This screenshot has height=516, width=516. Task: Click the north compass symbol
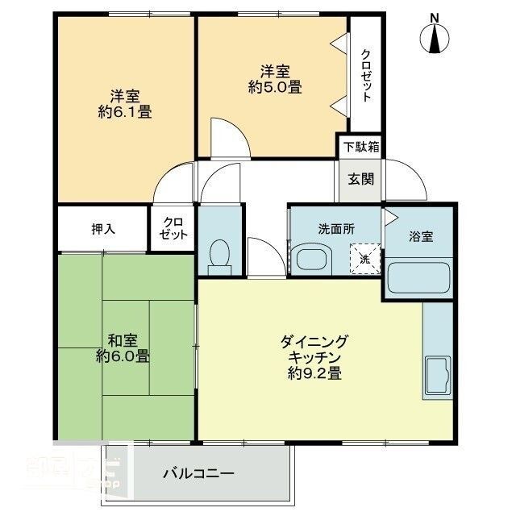pyautogui.click(x=436, y=36)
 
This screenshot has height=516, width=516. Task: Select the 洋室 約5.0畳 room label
pyautogui.click(x=275, y=79)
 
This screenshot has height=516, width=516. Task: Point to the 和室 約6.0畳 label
pyautogui.click(x=123, y=346)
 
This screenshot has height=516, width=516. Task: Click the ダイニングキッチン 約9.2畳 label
pyautogui.click(x=314, y=356)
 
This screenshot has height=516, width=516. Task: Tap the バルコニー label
pyautogui.click(x=198, y=473)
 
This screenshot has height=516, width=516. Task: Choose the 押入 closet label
pyautogui.click(x=102, y=228)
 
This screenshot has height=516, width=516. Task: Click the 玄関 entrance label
pyautogui.click(x=360, y=179)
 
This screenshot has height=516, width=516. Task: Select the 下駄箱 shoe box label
pyautogui.click(x=360, y=147)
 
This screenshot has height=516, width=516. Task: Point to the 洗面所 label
pyautogui.click(x=335, y=229)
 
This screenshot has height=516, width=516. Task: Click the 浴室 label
pyautogui.click(x=421, y=236)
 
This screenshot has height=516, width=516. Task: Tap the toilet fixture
pyautogui.click(x=219, y=253)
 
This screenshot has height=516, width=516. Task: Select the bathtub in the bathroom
pyautogui.click(x=419, y=278)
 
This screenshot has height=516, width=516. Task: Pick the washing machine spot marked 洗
pyautogui.click(x=364, y=259)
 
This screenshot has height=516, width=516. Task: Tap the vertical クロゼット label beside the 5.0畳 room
pyautogui.click(x=366, y=75)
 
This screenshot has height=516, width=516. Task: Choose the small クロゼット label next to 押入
pyautogui.click(x=173, y=228)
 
